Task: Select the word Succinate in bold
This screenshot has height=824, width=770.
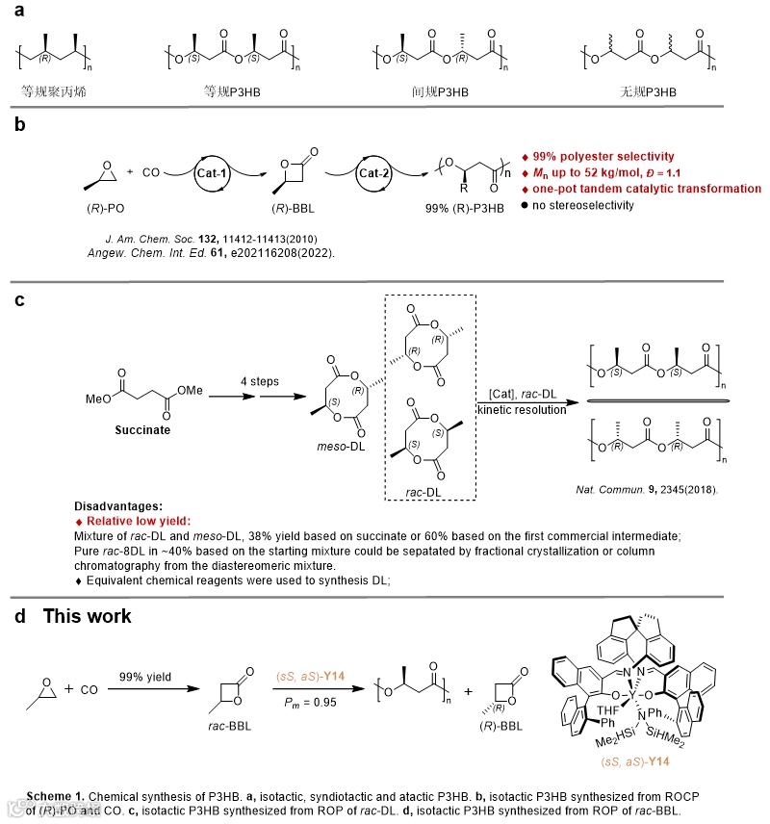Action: (x=141, y=429)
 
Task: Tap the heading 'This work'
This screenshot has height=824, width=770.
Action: (x=87, y=615)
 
